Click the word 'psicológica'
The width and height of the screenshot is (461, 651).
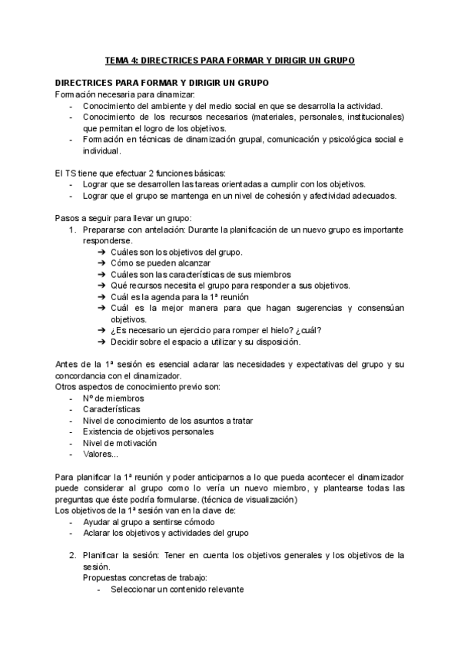tap(339, 140)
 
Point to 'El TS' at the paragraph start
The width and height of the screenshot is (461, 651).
tap(66, 173)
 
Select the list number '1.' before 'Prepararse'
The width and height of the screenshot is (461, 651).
tap(72, 230)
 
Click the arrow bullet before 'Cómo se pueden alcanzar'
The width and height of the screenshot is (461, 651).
tap(104, 263)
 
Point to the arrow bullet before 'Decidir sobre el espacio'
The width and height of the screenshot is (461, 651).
tap(104, 341)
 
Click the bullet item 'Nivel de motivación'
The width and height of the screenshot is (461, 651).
tap(119, 442)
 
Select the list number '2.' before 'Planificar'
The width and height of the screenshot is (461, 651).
tap(72, 555)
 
